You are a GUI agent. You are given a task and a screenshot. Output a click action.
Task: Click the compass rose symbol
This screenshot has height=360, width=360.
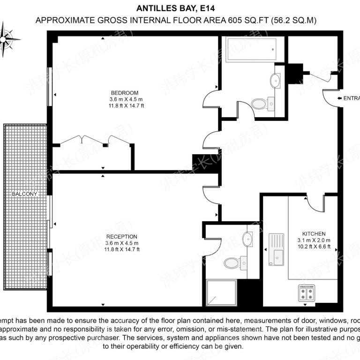click(x=10, y=37)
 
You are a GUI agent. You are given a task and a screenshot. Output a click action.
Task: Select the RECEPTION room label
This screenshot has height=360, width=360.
click(x=121, y=237)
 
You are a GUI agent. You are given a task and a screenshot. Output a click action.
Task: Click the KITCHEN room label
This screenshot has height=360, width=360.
click(x=314, y=233)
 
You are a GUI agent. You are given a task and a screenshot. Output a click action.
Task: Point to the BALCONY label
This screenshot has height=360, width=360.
click(x=25, y=194)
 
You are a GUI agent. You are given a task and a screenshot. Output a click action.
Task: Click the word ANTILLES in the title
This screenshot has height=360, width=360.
click(x=157, y=8)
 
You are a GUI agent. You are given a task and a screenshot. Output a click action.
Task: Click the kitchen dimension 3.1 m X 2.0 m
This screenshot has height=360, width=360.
click(x=314, y=240)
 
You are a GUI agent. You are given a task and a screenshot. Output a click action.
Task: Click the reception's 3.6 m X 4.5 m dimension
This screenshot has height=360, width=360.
click(x=121, y=243)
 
